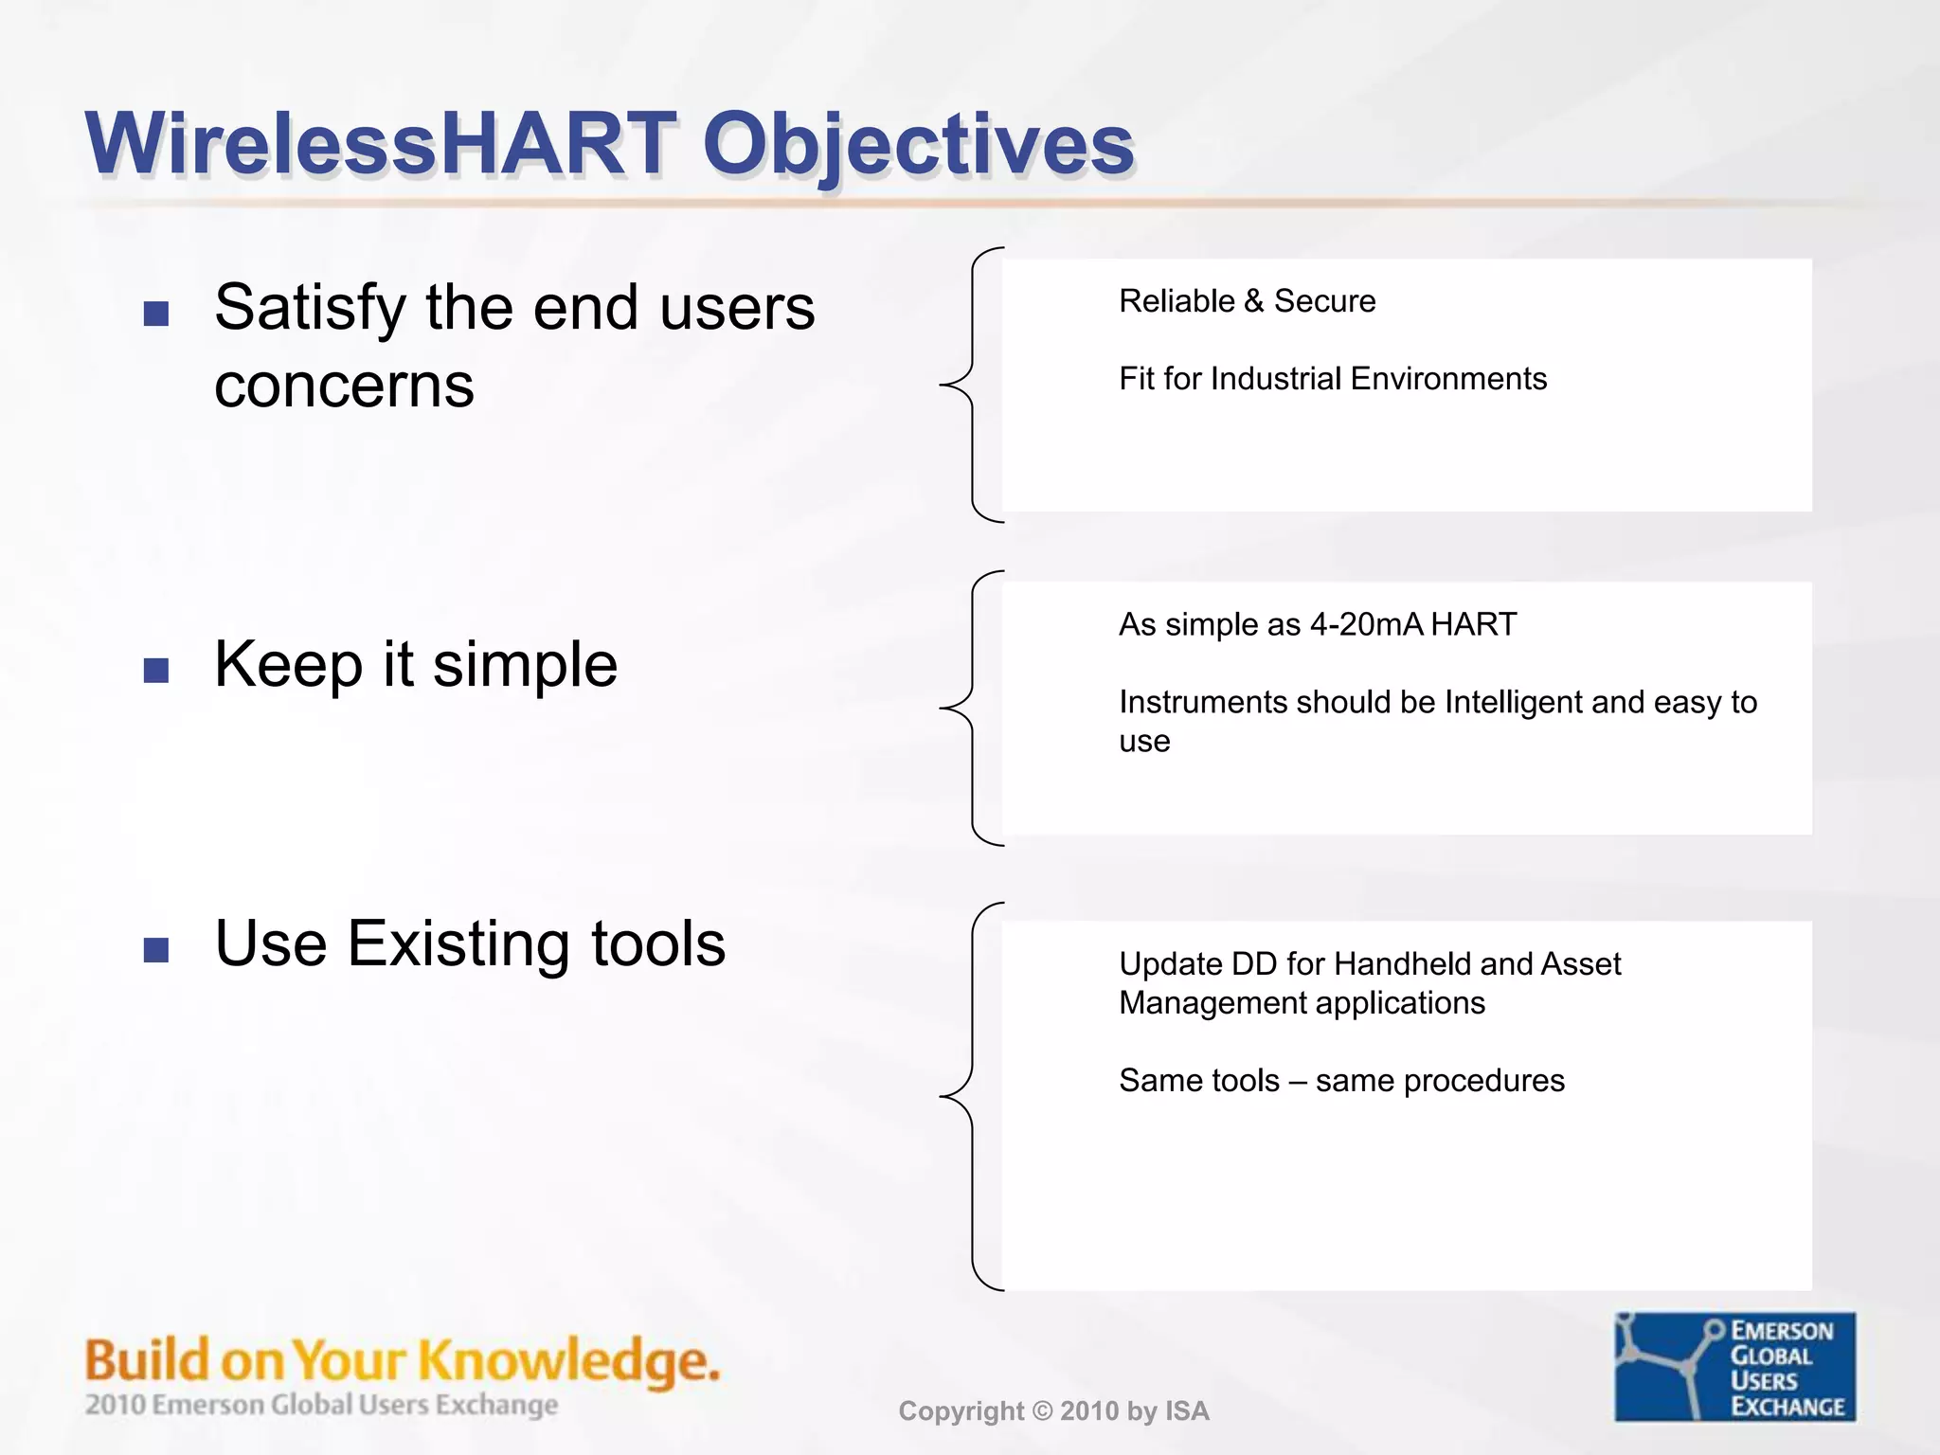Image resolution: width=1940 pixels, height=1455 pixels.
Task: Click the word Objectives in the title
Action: click(x=917, y=144)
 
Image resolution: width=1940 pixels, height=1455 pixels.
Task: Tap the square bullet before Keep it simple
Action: click(x=156, y=671)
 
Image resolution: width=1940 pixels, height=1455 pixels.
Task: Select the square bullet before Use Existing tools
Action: click(x=156, y=949)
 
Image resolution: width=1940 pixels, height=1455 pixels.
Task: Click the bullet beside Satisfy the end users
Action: click(x=156, y=314)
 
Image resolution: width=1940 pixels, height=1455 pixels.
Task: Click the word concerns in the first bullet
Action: click(x=344, y=386)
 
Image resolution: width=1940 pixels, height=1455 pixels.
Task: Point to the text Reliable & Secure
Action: click(x=1247, y=301)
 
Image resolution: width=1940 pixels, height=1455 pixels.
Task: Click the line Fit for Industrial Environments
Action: click(x=1332, y=379)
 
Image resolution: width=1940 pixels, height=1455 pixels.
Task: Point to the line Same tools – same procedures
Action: click(x=1341, y=1081)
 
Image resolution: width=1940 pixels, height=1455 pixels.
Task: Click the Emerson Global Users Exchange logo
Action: click(x=1734, y=1366)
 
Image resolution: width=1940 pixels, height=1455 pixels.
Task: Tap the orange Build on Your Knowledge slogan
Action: click(x=402, y=1360)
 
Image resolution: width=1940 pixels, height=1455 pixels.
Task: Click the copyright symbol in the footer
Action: click(x=1042, y=1411)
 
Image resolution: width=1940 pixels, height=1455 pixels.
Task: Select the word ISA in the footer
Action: click(x=1187, y=1411)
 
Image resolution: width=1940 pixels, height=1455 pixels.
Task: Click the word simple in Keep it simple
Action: click(x=525, y=664)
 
